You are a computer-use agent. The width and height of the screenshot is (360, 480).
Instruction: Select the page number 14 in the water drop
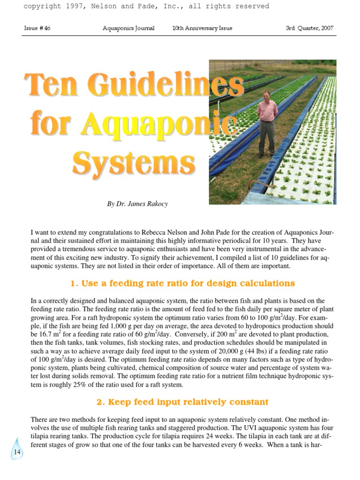point(17,452)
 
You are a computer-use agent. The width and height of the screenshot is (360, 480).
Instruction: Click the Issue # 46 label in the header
point(37,28)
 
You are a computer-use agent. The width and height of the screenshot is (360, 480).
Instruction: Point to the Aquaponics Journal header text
point(128,28)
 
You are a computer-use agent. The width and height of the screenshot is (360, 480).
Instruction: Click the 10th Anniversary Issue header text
point(202,28)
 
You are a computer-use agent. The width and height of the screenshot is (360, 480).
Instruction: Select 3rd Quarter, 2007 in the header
point(309,28)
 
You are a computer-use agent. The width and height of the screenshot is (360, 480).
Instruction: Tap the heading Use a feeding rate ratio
point(182,283)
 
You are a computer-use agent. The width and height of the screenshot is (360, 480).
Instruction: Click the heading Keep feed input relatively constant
point(182,402)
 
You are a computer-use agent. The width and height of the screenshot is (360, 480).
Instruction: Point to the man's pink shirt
point(267,110)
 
